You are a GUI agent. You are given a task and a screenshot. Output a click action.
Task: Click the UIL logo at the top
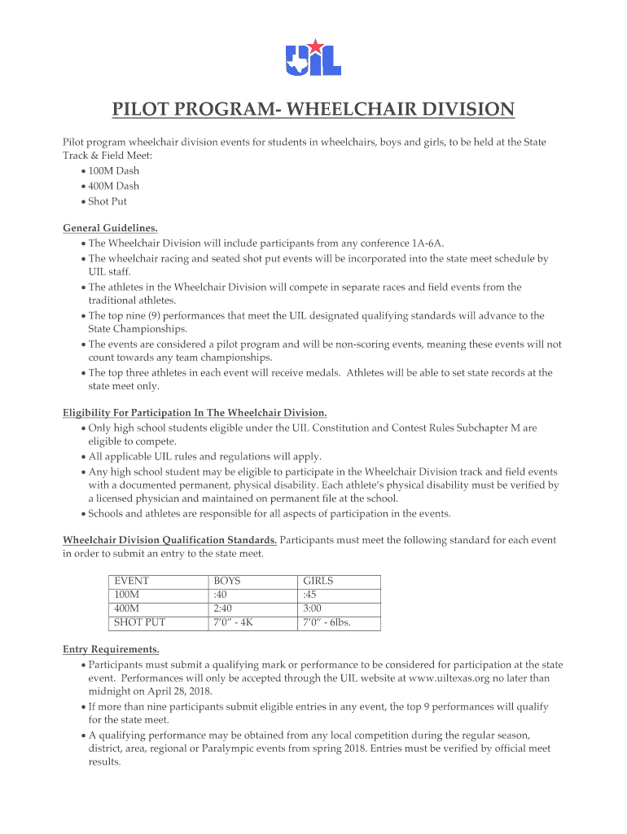(313, 57)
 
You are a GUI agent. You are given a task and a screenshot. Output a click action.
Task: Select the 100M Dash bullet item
(113, 171)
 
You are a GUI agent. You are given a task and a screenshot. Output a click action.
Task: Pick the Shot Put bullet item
(107, 201)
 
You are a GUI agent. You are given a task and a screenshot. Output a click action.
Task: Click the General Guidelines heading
(111, 228)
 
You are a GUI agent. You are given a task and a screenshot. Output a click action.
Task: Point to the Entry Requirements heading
(112, 649)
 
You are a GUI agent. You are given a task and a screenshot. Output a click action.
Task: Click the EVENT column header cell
(132, 582)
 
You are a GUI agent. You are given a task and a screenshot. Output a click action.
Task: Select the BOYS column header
(227, 582)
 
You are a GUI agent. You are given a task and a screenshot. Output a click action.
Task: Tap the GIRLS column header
(318, 582)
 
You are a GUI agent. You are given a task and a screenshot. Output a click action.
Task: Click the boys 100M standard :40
(220, 595)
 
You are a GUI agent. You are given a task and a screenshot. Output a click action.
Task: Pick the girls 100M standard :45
(309, 595)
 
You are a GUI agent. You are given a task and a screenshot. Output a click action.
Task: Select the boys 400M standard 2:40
(224, 609)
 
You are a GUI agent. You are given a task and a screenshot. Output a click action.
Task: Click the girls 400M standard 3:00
(313, 609)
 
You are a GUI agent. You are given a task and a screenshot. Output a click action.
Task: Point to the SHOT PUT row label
(140, 623)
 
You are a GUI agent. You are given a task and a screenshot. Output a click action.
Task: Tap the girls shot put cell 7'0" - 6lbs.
(327, 623)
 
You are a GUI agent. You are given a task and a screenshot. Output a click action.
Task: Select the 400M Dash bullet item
(113, 186)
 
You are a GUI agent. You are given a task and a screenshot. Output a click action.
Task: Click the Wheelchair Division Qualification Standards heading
(170, 540)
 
